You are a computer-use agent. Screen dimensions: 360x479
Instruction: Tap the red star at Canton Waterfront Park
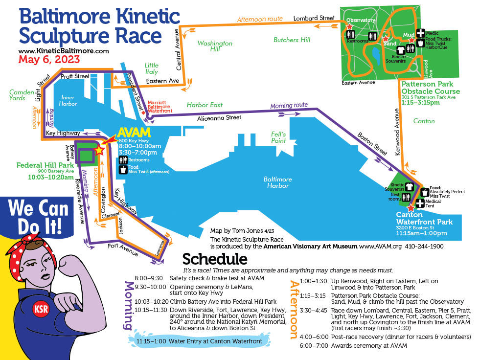pos(410,207)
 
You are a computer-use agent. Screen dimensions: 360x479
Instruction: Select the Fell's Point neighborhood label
pos(281,137)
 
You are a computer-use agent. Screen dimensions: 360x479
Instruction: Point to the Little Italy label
pos(152,68)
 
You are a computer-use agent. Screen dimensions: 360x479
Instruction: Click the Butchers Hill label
pos(292,40)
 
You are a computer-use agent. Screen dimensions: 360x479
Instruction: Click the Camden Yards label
pos(22,95)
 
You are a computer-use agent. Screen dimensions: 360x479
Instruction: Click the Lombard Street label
pos(314,18)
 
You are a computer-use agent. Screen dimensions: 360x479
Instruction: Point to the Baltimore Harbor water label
pos(277,182)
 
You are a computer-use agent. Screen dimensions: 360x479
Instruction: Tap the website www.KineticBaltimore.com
pos(64,51)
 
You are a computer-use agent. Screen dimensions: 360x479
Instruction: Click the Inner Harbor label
pos(68,101)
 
